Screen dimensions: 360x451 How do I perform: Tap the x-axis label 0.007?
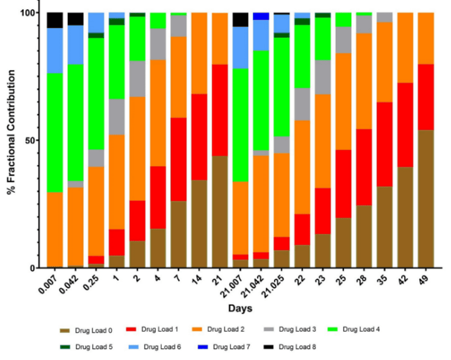(x=50, y=284)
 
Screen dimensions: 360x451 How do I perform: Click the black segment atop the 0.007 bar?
(x=55, y=20)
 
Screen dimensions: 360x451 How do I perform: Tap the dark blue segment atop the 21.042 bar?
(x=261, y=16)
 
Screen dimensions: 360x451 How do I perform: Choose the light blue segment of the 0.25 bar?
(x=96, y=22)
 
